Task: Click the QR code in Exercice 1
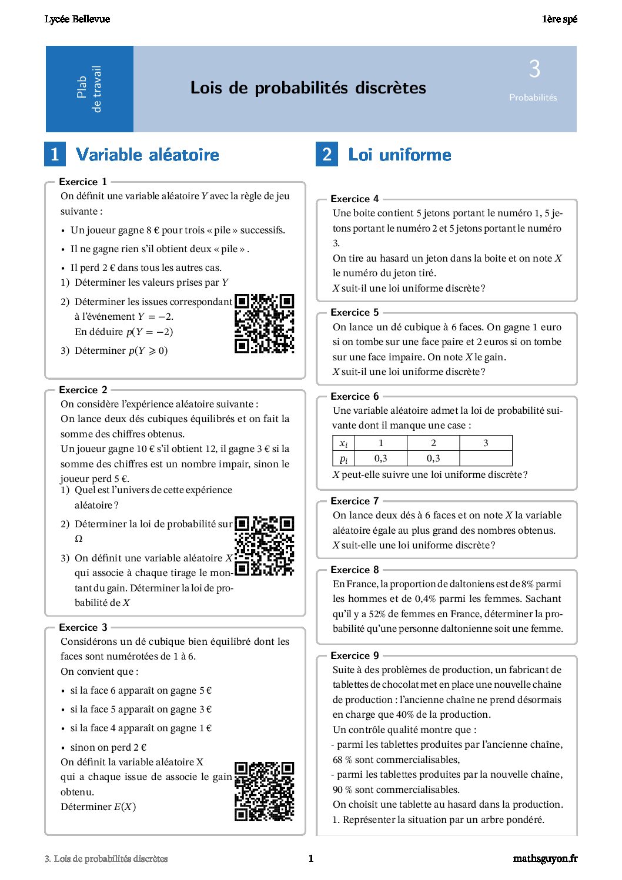point(264,323)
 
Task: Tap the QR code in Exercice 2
point(264,546)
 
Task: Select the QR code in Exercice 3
point(264,791)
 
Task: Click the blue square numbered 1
point(55,155)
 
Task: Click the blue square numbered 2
point(327,155)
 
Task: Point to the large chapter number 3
point(534,69)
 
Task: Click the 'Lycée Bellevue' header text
point(77,19)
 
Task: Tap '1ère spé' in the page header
point(559,19)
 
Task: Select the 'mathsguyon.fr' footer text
point(545,858)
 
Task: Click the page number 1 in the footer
point(311,858)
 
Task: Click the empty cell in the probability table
point(486,459)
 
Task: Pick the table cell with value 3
point(486,443)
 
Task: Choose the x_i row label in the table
point(344,443)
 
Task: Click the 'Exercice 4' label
point(355,199)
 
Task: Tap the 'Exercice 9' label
point(355,655)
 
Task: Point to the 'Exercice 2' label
point(83,390)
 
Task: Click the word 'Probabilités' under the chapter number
point(533,98)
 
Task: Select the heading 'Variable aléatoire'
point(148,155)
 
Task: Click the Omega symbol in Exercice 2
point(79,539)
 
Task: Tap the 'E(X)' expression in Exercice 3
point(125,807)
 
